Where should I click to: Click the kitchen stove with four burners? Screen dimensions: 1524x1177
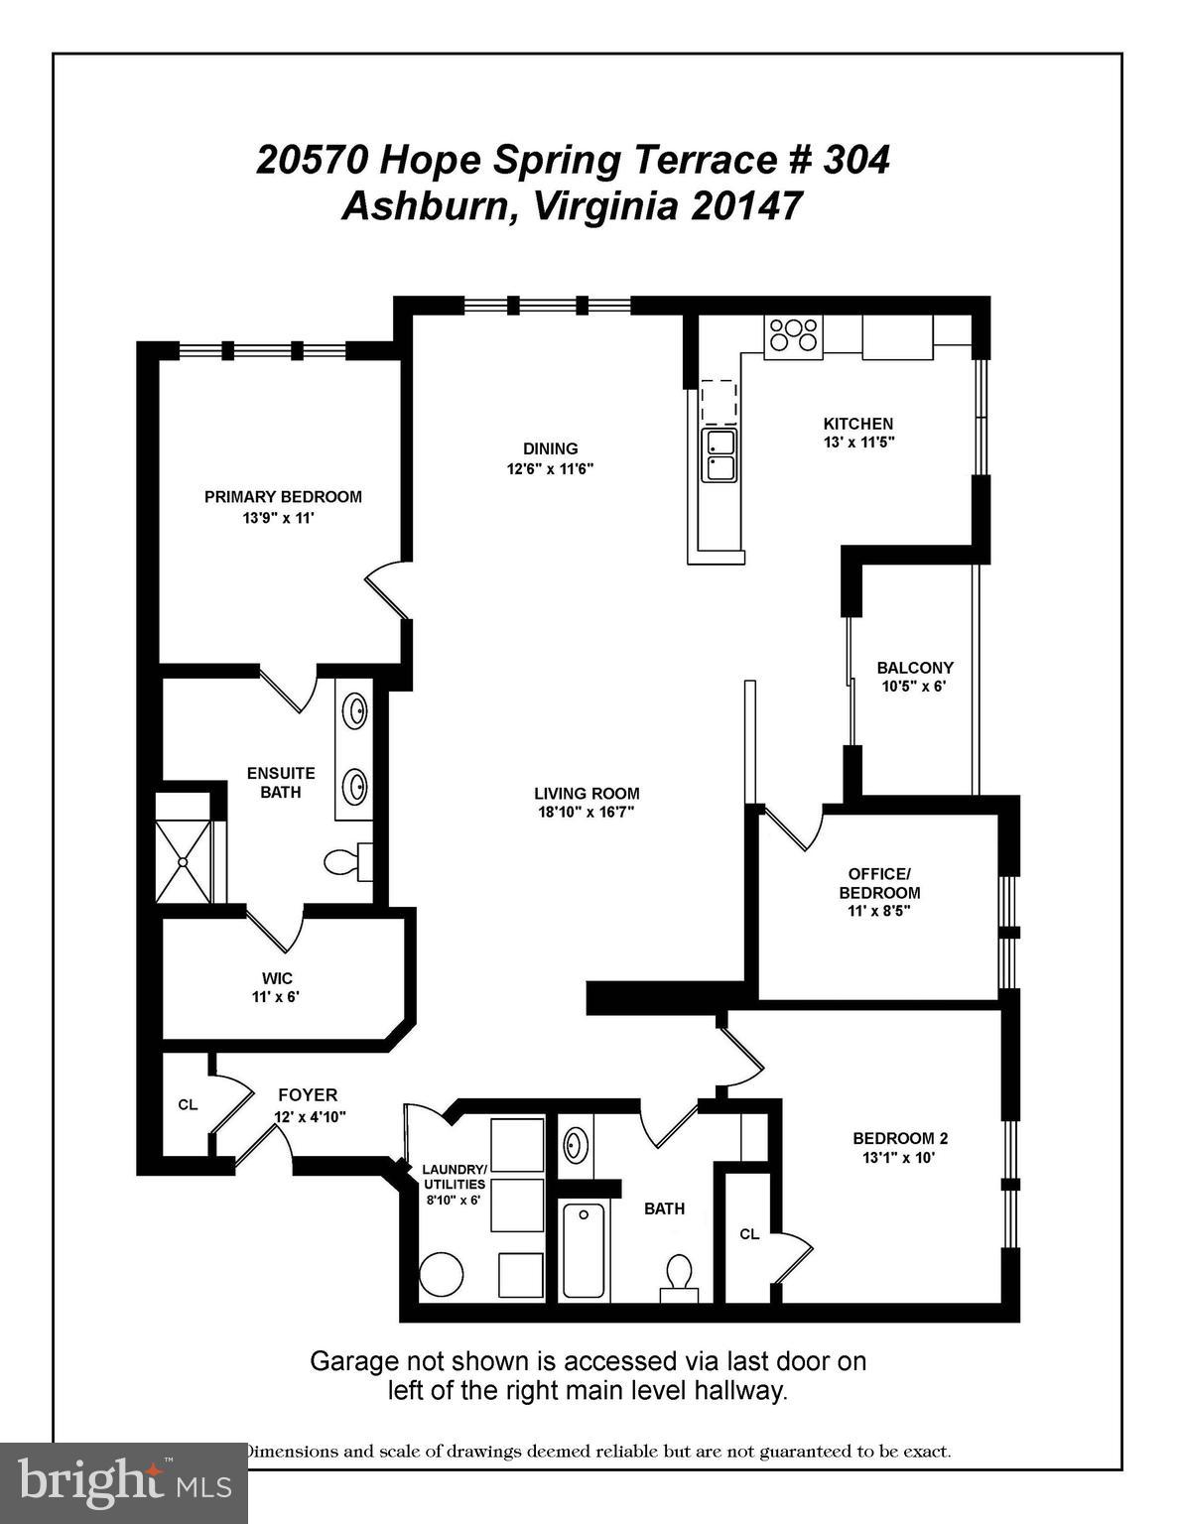click(x=793, y=334)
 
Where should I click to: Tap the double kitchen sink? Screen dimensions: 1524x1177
click(x=719, y=454)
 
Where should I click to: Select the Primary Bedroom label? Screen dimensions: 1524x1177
click(x=283, y=497)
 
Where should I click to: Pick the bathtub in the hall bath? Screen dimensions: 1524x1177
click(x=584, y=1249)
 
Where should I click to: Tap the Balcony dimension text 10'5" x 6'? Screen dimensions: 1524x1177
click(x=914, y=686)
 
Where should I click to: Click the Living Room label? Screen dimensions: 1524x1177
click(x=587, y=794)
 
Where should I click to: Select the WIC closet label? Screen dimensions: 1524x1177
click(x=277, y=979)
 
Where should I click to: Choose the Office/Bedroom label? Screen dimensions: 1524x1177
click(x=878, y=883)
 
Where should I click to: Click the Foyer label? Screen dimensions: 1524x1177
click(x=308, y=1095)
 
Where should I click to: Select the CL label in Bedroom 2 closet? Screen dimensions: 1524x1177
click(x=749, y=1234)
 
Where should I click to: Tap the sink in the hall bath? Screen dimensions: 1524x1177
click(x=575, y=1145)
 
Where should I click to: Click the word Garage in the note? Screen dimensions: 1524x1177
click(x=353, y=1361)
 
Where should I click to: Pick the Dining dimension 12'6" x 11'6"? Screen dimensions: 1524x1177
click(x=550, y=469)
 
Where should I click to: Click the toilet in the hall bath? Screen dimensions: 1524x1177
click(x=679, y=1273)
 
